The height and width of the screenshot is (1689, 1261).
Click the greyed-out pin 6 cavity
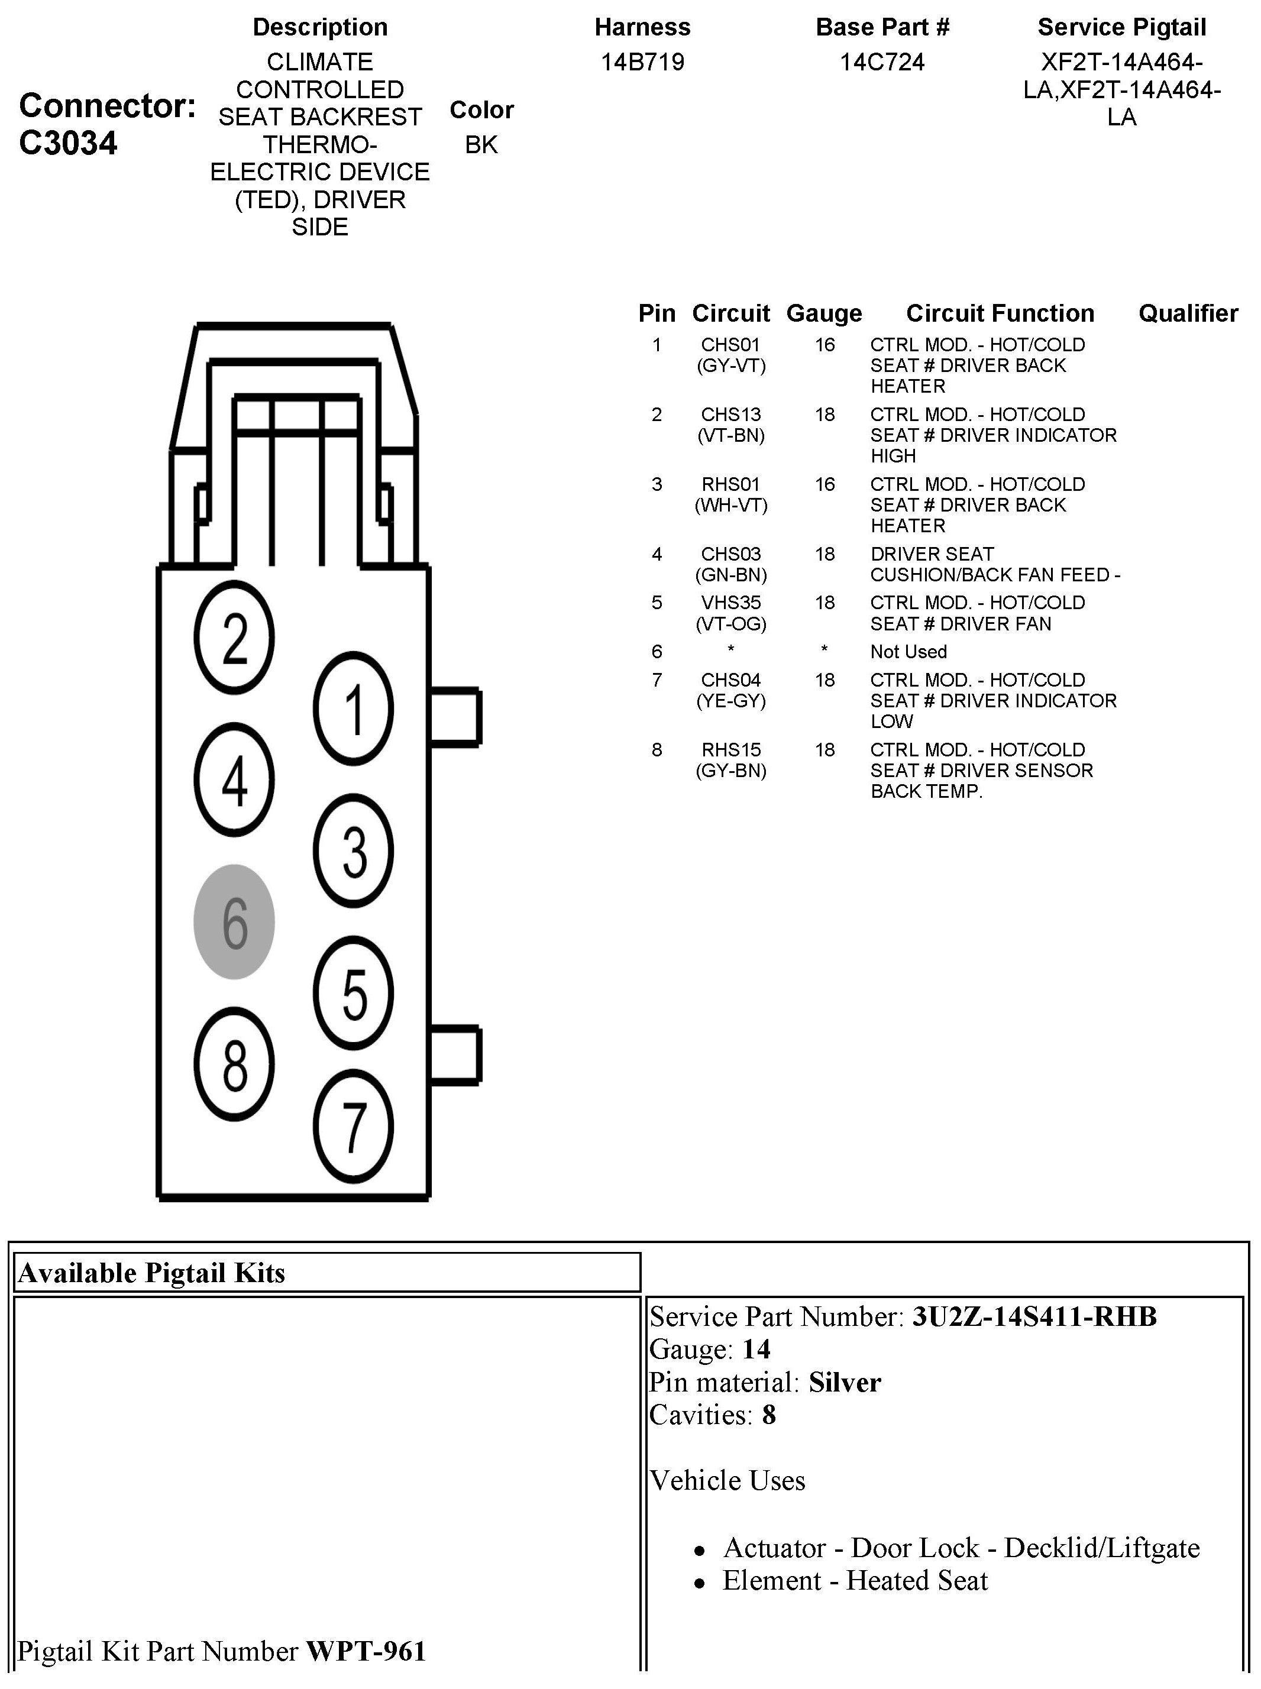[234, 921]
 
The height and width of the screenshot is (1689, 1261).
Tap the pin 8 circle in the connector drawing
[234, 1064]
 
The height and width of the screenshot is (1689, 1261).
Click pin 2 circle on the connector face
[234, 638]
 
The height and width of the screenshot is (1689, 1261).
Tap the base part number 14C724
[882, 62]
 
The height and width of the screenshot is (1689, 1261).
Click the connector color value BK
[481, 144]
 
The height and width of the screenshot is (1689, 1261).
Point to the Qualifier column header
[1188, 313]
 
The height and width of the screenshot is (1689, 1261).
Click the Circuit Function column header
[1000, 313]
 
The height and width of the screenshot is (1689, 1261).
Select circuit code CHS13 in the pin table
[730, 415]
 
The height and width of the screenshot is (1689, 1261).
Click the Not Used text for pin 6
[908, 652]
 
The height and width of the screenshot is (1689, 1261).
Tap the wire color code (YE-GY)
[730, 701]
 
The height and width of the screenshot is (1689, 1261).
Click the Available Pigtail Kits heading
[151, 1273]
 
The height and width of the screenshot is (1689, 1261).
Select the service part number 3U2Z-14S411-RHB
[1034, 1316]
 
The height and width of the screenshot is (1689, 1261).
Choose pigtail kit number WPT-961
[366, 1651]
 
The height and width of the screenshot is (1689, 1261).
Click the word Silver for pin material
[844, 1382]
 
